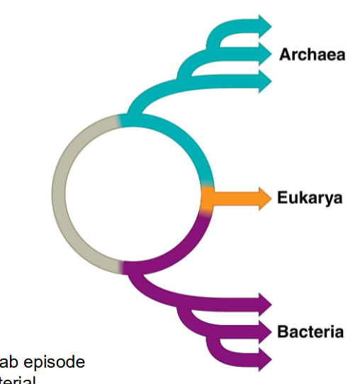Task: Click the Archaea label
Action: coord(312,54)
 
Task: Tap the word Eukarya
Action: coord(310,198)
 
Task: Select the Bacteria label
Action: coord(310,332)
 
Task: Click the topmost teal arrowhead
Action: coord(264,25)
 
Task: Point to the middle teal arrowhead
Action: coord(264,52)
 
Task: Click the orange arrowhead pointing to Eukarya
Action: coord(264,198)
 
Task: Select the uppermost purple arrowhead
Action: coord(264,305)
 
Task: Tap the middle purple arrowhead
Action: coord(264,332)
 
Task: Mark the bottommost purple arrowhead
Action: coord(264,359)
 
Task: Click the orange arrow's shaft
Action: coord(234,198)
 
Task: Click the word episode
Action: coord(57,362)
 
